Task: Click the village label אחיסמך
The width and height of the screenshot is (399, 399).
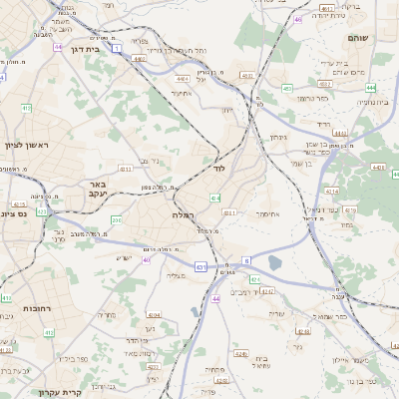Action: [x=267, y=213]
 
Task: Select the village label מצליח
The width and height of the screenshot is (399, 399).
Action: [x=176, y=275]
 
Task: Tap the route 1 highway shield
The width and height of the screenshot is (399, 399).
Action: [x=117, y=47]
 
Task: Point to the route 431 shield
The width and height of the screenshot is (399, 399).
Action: [x=200, y=266]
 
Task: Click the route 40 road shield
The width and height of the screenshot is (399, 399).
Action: [x=147, y=260]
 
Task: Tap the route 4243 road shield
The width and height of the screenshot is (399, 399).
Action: [x=240, y=355]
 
